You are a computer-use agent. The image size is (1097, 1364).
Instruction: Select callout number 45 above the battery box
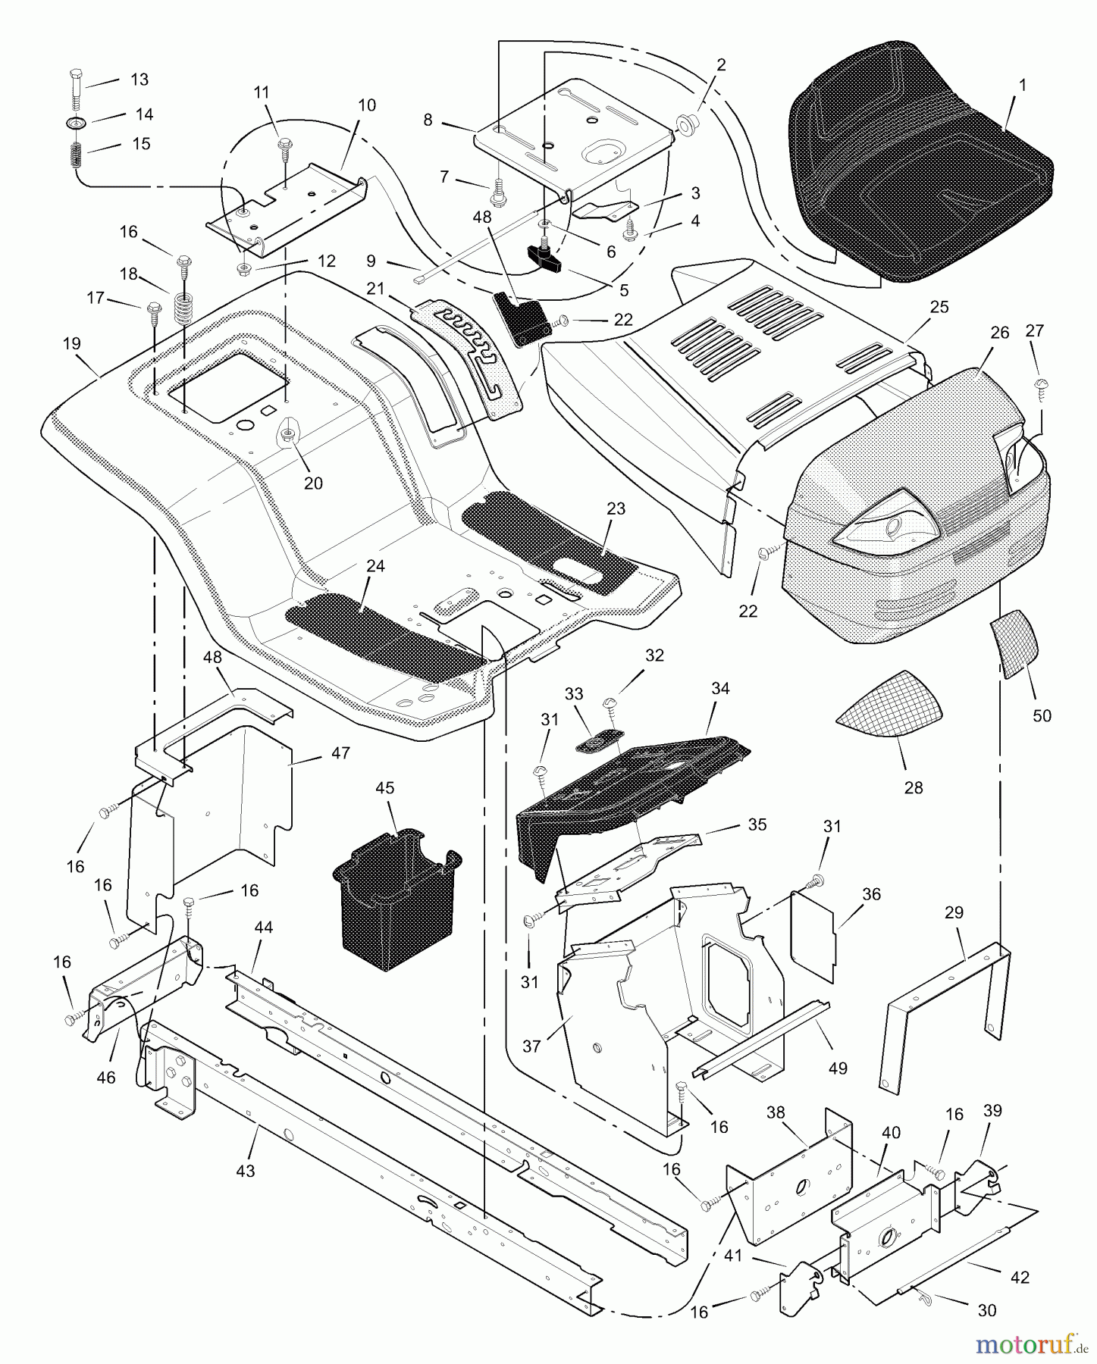tap(385, 788)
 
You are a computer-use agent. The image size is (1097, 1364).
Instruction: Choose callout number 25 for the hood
tap(939, 308)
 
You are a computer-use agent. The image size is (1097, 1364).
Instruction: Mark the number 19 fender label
tap(71, 344)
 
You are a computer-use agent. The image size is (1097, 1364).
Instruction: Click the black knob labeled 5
tap(549, 258)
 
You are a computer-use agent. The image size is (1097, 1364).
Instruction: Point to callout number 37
tap(531, 1046)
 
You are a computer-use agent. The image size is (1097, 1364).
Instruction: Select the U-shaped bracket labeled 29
tap(948, 1008)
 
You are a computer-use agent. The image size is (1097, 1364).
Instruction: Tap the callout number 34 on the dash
tap(720, 688)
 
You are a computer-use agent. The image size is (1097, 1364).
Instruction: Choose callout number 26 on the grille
tap(1000, 333)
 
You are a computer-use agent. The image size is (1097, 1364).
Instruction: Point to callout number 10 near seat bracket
tap(367, 105)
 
